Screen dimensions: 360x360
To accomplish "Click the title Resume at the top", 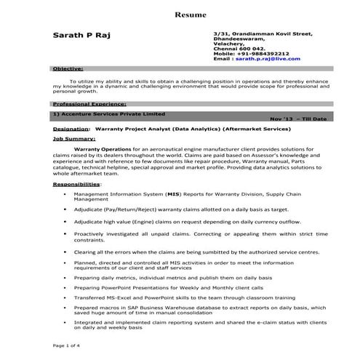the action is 191,15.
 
